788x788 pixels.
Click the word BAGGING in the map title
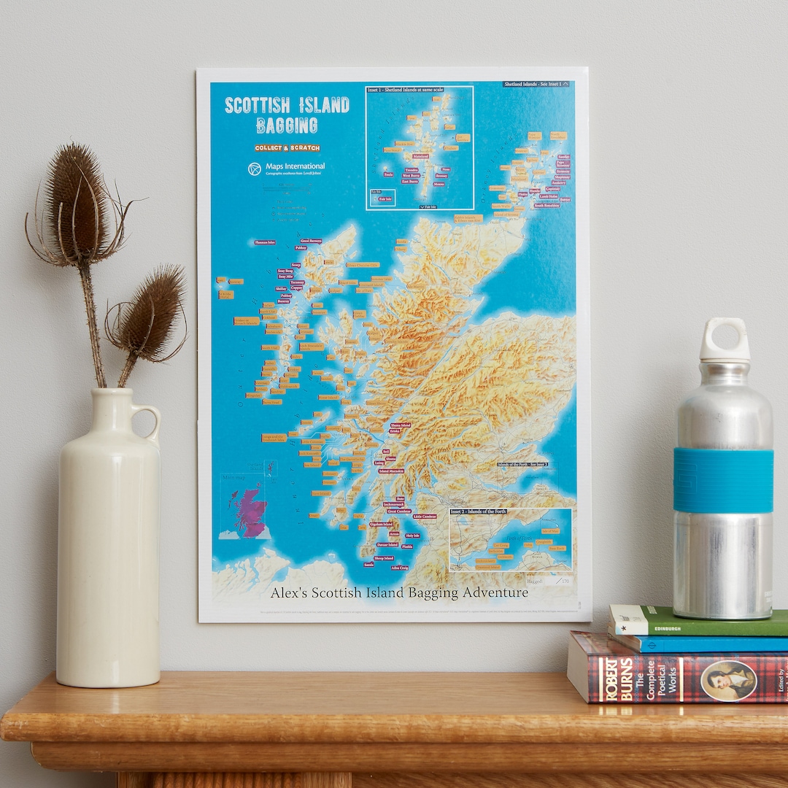pyautogui.click(x=287, y=126)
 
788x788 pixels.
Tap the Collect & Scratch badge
pyautogui.click(x=287, y=148)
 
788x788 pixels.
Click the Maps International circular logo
pyautogui.click(x=255, y=169)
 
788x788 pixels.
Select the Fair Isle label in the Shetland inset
pyautogui.click(x=385, y=198)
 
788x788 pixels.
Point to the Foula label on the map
pyautogui.click(x=388, y=174)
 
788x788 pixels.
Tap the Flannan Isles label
pyautogui.click(x=265, y=242)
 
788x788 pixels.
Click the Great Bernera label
pyautogui.click(x=311, y=241)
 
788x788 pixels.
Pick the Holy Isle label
pyautogui.click(x=412, y=535)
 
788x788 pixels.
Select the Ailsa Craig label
pyautogui.click(x=400, y=567)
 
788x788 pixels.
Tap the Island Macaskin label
pyautogui.click(x=391, y=471)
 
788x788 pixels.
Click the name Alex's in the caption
pyautogui.click(x=288, y=593)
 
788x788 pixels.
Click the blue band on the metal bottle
pyautogui.click(x=723, y=479)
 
